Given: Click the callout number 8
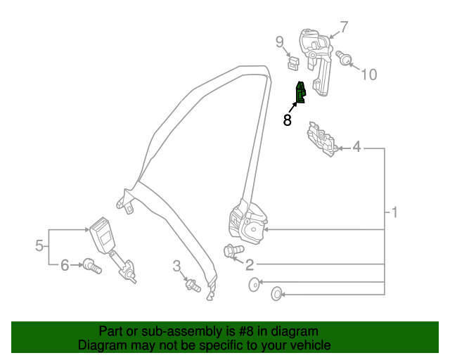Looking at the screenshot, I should pyautogui.click(x=287, y=120).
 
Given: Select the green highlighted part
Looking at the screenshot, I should pyautogui.click(x=300, y=93).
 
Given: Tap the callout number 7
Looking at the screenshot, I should pyautogui.click(x=344, y=27).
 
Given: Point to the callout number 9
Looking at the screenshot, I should pyautogui.click(x=279, y=41).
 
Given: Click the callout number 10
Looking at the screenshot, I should pyautogui.click(x=368, y=75).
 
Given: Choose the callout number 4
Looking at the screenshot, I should pyautogui.click(x=356, y=147).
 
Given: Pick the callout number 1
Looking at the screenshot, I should pyautogui.click(x=394, y=212).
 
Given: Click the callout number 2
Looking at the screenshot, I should pyautogui.click(x=250, y=265).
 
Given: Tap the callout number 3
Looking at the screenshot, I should pyautogui.click(x=177, y=264).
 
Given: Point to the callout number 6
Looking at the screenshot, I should pyautogui.click(x=65, y=265).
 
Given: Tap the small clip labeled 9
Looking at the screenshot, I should pyautogui.click(x=293, y=64).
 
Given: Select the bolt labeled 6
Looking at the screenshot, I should pyautogui.click(x=91, y=266).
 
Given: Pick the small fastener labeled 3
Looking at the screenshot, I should pyautogui.click(x=191, y=285).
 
